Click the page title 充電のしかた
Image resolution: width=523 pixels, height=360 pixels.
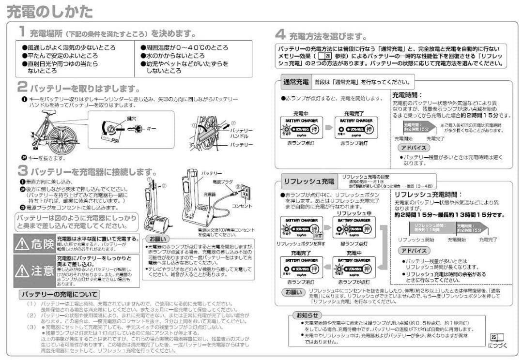(50, 12)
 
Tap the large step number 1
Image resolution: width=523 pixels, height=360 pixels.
(22, 32)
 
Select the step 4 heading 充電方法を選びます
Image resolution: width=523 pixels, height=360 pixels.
(327, 36)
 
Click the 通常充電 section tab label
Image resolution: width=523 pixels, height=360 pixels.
(296, 82)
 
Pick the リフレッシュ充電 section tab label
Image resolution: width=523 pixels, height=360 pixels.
(309, 181)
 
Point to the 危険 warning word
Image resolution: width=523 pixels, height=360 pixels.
(43, 244)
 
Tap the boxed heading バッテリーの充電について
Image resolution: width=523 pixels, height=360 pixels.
(59, 294)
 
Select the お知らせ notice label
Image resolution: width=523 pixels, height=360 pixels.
(308, 315)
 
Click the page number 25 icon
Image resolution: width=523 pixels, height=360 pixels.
(494, 337)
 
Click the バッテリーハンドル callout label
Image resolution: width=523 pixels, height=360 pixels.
(241, 134)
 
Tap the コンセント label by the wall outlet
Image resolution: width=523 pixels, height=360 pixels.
(243, 206)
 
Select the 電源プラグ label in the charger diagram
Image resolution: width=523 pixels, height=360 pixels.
(223, 182)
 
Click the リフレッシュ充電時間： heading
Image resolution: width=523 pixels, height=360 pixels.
(425, 194)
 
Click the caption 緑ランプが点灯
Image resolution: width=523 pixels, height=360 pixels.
(354, 244)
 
